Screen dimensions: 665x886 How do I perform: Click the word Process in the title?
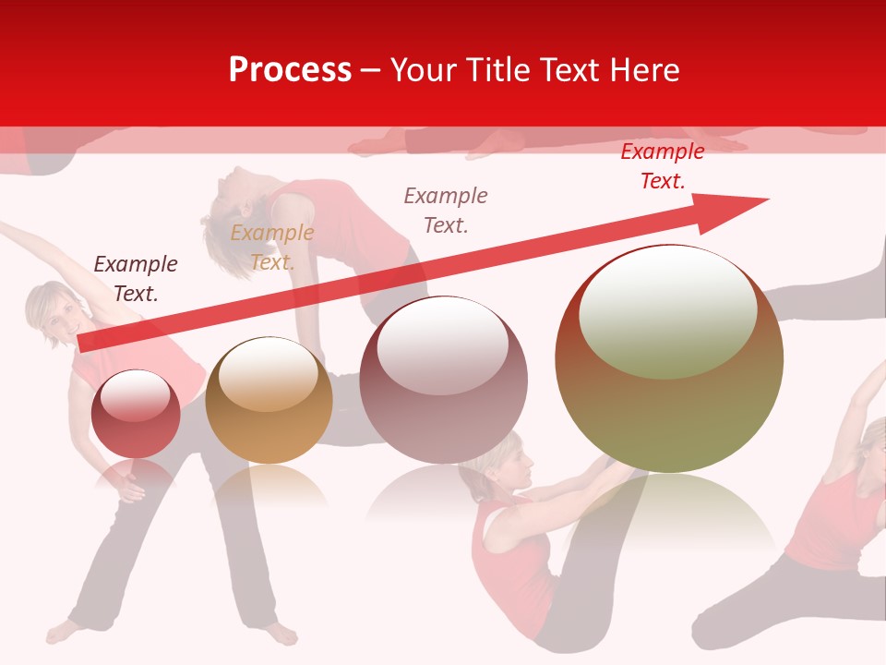[x=290, y=70]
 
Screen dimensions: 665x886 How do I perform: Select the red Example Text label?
[x=662, y=166]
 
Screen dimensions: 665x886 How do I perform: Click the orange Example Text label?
[x=271, y=248]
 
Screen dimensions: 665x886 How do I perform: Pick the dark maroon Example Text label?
[x=136, y=278]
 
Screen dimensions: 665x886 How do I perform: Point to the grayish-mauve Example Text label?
[x=446, y=210]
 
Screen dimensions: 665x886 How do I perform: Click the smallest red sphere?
[x=136, y=414]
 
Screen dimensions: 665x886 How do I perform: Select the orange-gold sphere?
[x=269, y=401]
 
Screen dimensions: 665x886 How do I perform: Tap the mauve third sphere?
[x=444, y=381]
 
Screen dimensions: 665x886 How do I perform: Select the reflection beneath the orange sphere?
[x=269, y=485]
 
